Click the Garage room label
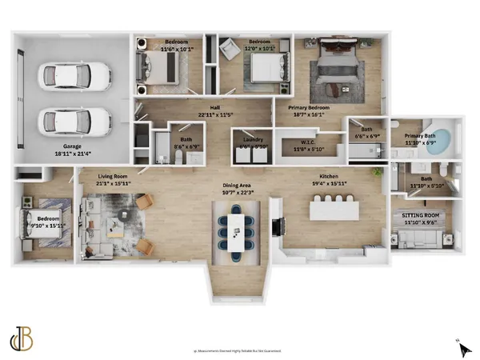[x=68, y=150]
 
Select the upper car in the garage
[x=74, y=77]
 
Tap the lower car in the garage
[x=74, y=122]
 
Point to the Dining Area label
[x=239, y=189]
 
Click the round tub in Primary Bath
[x=435, y=144]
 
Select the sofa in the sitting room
[x=422, y=238]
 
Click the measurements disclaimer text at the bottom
[x=240, y=350]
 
